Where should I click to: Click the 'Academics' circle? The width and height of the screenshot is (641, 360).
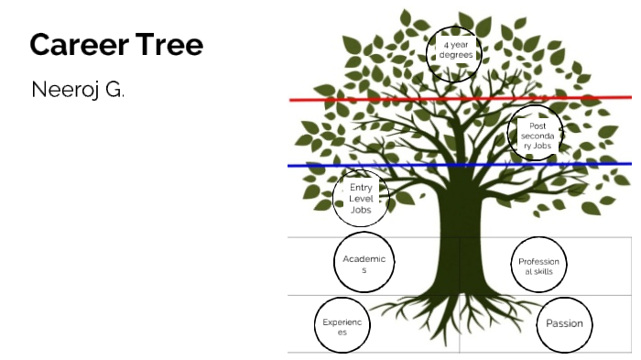[364, 263]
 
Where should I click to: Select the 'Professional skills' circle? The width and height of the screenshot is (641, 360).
[538, 267]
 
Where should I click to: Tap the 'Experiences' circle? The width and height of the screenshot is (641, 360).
[342, 326]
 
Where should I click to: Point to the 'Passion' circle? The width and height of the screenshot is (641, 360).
[564, 323]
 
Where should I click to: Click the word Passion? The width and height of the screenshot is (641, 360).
[564, 323]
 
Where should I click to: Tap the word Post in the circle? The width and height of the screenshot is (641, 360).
[537, 125]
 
